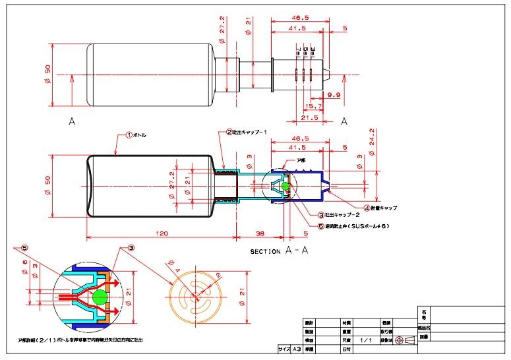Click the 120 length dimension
click(x=162, y=234)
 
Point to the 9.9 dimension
click(x=333, y=95)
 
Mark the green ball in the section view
click(x=286, y=187)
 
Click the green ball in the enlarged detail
click(x=100, y=295)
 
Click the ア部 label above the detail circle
click(x=301, y=160)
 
